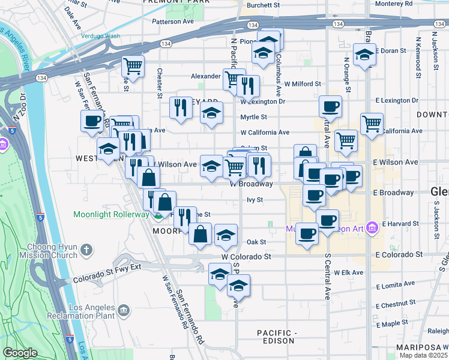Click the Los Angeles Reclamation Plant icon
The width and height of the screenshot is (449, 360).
pyautogui.click(x=124, y=310)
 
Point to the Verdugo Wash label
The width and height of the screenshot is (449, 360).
pyautogui.click(x=100, y=35)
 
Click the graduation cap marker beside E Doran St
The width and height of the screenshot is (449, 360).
pyautogui.click(x=364, y=55)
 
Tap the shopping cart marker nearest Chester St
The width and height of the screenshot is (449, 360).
pyautogui.click(x=132, y=66)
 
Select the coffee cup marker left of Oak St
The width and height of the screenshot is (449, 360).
pyautogui.click(x=307, y=233)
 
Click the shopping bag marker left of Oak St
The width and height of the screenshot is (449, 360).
pyautogui.click(x=200, y=234)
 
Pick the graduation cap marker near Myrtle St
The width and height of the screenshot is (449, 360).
pyautogui.click(x=211, y=113)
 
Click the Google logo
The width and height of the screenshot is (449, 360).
pyautogui.click(x=20, y=353)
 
